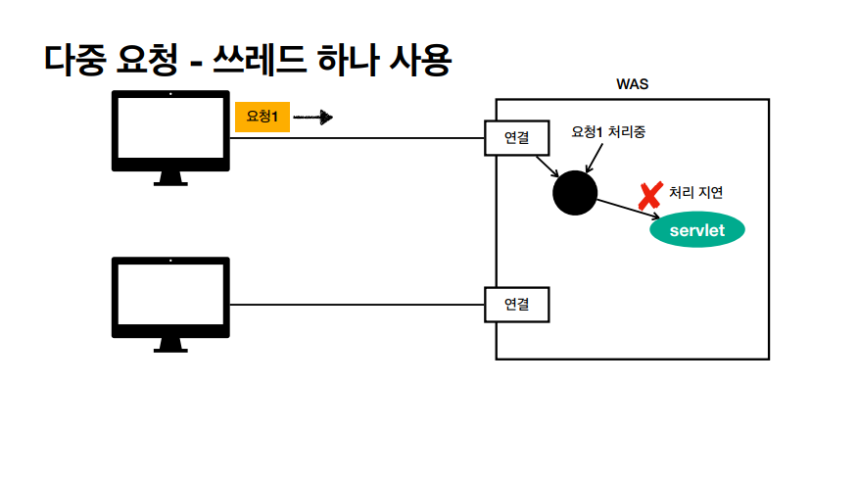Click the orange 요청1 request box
pos(262,117)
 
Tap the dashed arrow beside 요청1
pos(313,118)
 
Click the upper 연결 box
pos(516,138)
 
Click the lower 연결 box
pos(516,305)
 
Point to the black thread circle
pos(574,191)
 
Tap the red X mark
pos(648,196)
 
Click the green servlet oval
pos(697,231)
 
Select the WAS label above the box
pos(632,84)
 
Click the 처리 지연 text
pos(695,192)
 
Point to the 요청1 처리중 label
pos(607,131)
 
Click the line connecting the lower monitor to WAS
pos(358,305)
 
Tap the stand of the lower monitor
pos(170,344)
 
